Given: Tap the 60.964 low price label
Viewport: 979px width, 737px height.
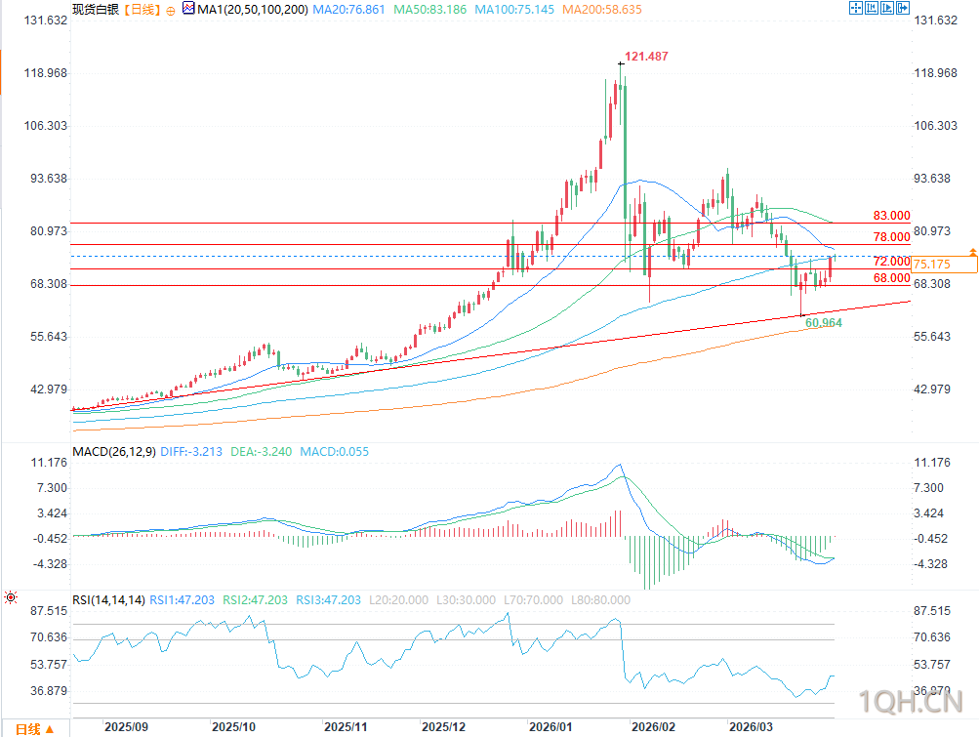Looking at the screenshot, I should pyautogui.click(x=824, y=322).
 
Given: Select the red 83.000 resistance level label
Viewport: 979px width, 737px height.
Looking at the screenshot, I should pyautogui.click(x=891, y=216).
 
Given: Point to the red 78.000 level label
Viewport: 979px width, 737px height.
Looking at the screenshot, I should pyautogui.click(x=891, y=237).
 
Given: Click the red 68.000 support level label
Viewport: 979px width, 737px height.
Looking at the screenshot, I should pyautogui.click(x=891, y=278).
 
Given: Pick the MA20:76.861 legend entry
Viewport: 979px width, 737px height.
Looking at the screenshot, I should pyautogui.click(x=350, y=9).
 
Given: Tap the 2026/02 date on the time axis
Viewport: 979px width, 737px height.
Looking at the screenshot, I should pyautogui.click(x=652, y=727).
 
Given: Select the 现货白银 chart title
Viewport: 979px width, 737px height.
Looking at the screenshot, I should pyautogui.click(x=95, y=9).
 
